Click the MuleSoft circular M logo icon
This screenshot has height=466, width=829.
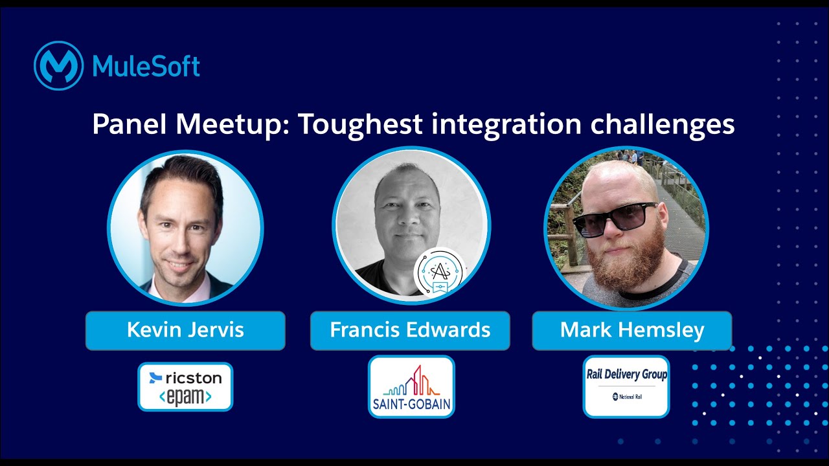(x=58, y=65)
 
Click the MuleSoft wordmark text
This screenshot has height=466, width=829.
(x=146, y=66)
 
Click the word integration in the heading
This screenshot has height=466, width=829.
(x=505, y=124)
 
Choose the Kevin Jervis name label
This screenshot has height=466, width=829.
(x=185, y=330)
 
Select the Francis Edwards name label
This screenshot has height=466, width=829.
(x=410, y=330)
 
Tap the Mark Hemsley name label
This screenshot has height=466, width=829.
(x=632, y=330)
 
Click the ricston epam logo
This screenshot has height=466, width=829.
(x=185, y=386)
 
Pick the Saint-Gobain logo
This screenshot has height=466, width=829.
(x=411, y=386)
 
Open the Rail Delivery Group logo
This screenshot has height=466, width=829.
(x=626, y=386)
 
